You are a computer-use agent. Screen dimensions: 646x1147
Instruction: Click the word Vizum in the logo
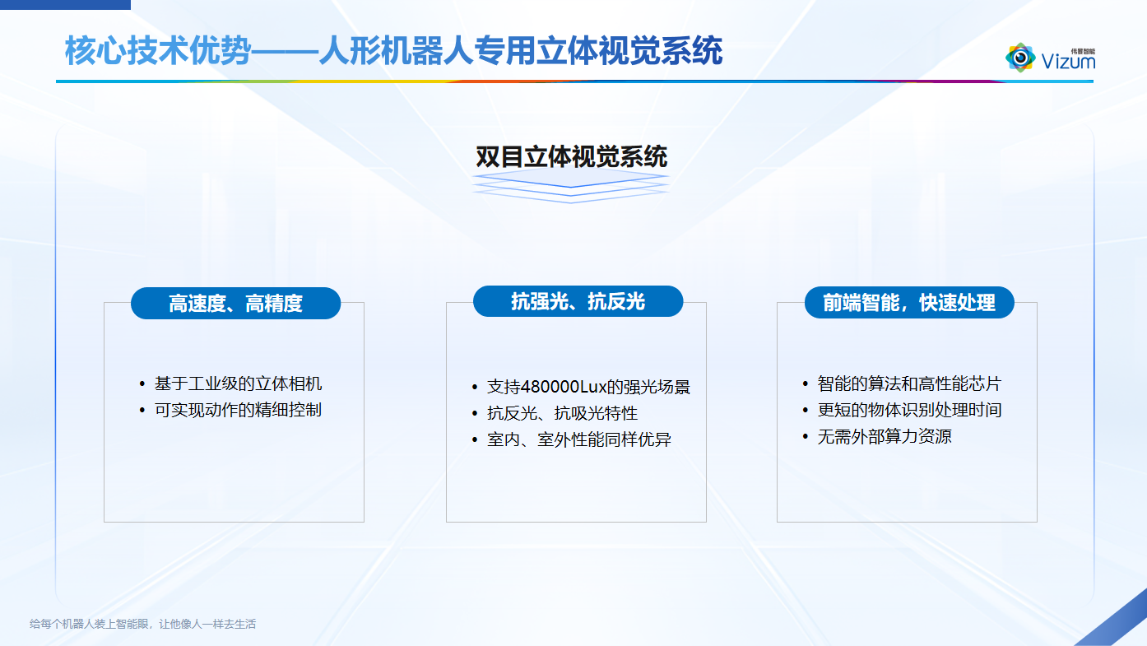click(1068, 62)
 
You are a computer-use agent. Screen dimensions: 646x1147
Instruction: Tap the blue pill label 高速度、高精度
click(235, 303)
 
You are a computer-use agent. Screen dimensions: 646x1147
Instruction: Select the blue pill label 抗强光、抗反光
click(578, 301)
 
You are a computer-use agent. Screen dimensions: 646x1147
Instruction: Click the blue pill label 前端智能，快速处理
click(909, 302)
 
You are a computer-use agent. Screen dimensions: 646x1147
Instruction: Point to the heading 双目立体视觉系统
click(571, 156)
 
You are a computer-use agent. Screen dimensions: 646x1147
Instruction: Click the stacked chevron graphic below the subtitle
click(571, 188)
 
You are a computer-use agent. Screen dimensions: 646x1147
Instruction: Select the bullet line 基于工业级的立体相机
click(238, 383)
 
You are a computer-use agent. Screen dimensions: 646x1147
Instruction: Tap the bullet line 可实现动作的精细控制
click(238, 410)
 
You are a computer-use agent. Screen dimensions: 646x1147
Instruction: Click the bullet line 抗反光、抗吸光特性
click(562, 413)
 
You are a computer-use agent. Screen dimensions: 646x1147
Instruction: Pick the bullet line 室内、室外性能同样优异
click(578, 439)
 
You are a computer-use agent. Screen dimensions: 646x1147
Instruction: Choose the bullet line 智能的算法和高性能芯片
click(908, 383)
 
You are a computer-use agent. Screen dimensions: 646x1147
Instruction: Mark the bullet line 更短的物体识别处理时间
click(908, 410)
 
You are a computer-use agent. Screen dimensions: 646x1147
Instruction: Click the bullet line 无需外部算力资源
click(884, 436)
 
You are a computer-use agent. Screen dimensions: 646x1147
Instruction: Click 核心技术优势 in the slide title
click(156, 51)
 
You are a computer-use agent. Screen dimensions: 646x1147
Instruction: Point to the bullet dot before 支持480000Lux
click(475, 388)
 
